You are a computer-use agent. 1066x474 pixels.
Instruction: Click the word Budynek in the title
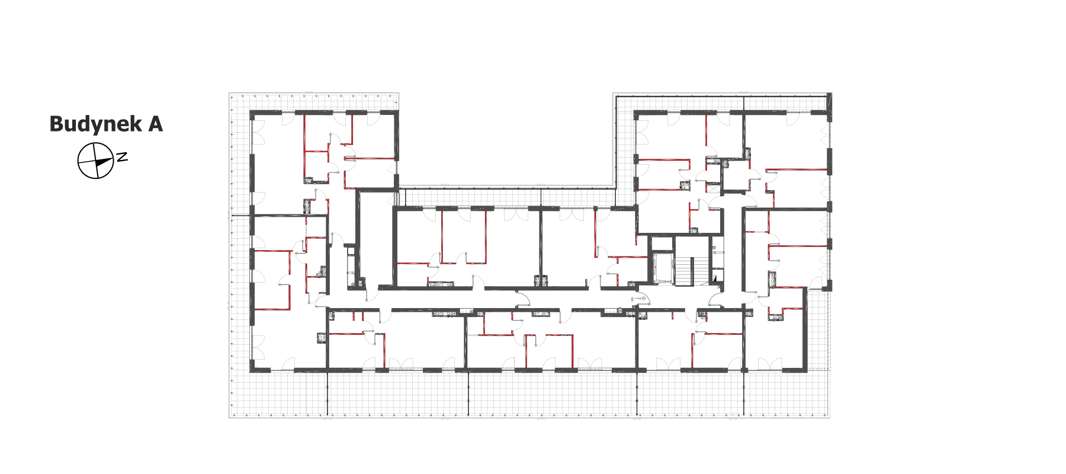click(x=96, y=124)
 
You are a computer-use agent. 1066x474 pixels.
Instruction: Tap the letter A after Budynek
click(x=156, y=124)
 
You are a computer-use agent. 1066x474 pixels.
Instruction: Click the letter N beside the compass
click(x=122, y=157)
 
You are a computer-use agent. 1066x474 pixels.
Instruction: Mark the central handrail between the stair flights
click(x=693, y=271)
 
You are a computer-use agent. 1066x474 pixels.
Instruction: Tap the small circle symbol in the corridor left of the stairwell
click(x=643, y=299)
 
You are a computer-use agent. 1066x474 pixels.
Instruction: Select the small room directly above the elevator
click(x=663, y=243)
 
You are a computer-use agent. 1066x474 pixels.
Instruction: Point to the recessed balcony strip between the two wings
click(x=506, y=197)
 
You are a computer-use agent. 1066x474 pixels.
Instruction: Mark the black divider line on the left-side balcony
click(x=240, y=215)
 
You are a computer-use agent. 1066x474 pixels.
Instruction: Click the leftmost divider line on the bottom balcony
click(x=326, y=393)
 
